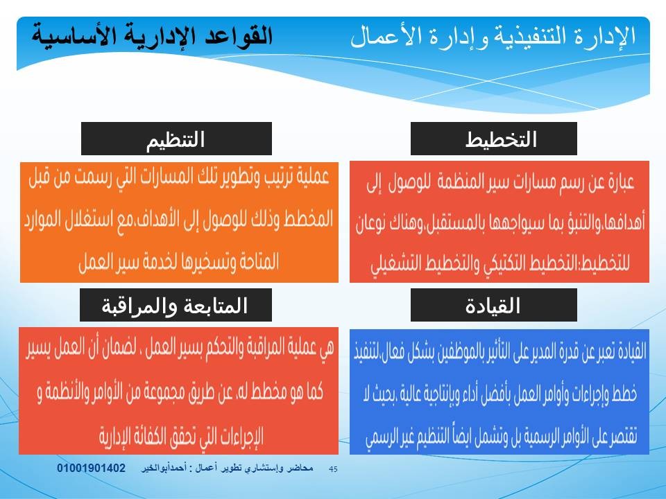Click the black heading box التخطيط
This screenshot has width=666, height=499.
point(493,139)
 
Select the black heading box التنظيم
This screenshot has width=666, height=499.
point(176,139)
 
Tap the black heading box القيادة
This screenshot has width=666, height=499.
point(493,305)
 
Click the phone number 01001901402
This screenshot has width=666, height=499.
point(92,468)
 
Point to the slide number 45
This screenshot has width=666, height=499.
point(334,469)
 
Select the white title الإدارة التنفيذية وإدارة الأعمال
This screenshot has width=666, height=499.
point(493,35)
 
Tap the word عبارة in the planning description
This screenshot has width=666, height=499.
point(620,182)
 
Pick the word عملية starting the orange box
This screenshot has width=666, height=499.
point(314,177)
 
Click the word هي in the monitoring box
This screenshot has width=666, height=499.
point(327,347)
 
